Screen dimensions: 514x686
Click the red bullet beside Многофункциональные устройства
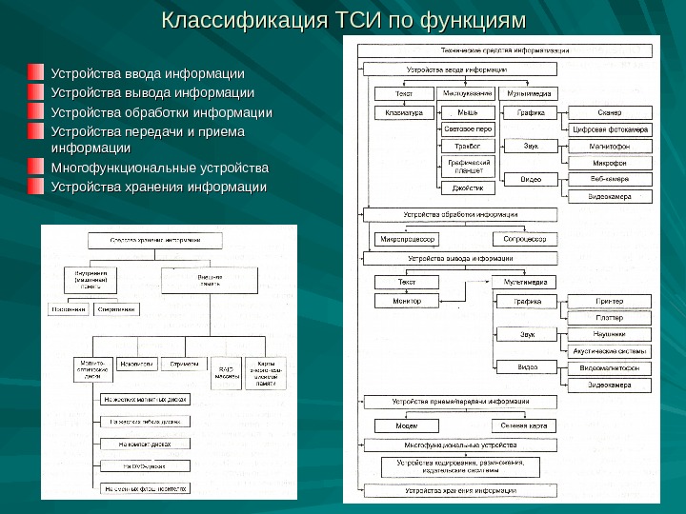35,168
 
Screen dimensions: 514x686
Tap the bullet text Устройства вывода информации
152,93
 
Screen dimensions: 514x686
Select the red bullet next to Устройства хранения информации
35,187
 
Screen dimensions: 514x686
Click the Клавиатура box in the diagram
404,112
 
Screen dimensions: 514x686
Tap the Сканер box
610,112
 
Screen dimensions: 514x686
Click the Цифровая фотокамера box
610,129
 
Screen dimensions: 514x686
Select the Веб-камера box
610,179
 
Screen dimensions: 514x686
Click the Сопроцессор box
525,239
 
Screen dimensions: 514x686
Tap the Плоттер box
610,318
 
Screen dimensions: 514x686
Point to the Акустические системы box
610,350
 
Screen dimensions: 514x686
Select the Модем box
407,425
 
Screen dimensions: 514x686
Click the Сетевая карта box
525,425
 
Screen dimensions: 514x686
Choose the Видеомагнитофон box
610,367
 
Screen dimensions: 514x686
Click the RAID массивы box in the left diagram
227,370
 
